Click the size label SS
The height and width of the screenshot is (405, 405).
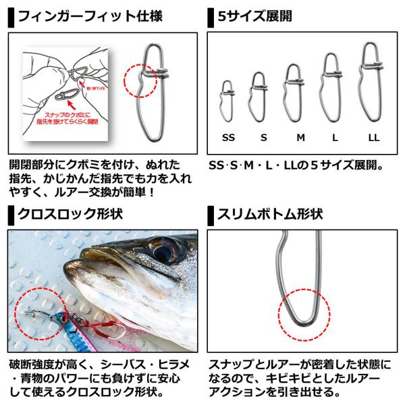pyautogui.click(x=228, y=137)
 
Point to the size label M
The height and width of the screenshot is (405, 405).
pyautogui.click(x=300, y=137)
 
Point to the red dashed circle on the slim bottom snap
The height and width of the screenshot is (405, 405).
pyautogui.click(x=304, y=315)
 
